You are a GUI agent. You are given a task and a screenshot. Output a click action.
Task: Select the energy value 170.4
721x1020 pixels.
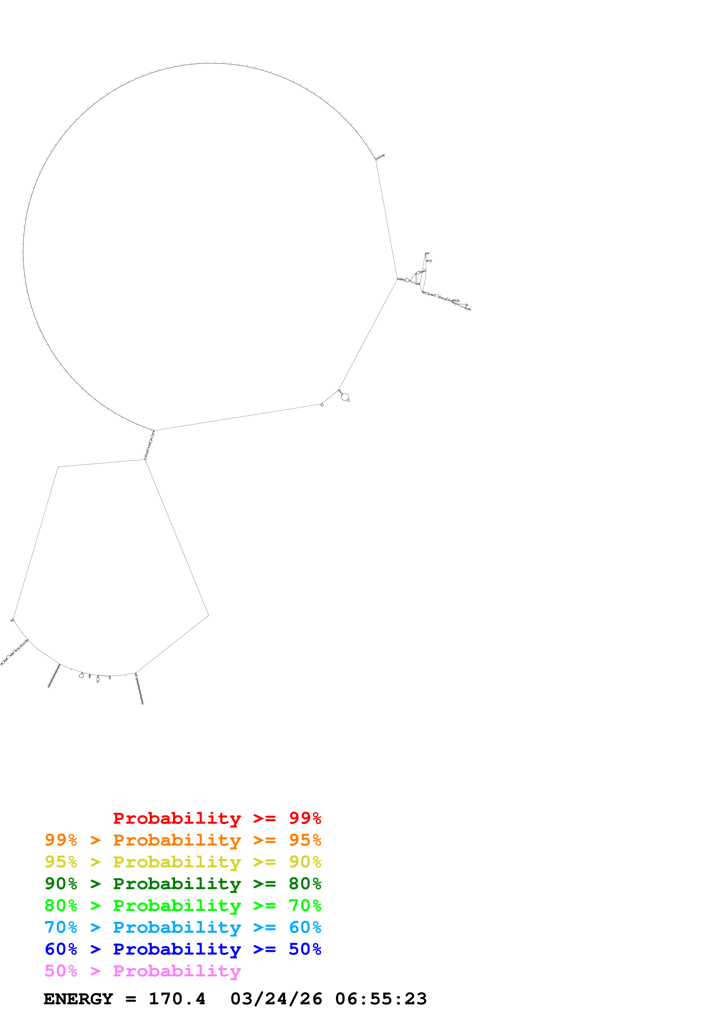177,999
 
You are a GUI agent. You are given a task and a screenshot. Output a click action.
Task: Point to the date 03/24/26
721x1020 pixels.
276,999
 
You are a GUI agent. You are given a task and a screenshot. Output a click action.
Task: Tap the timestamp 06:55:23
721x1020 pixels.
381,999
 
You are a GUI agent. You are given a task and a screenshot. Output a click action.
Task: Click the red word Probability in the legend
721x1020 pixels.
177,818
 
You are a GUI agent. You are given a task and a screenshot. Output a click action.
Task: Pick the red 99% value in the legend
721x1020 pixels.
305,818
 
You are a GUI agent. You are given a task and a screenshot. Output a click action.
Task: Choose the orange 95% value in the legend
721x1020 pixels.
305,840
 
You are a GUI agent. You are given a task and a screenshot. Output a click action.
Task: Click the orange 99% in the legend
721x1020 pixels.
61,840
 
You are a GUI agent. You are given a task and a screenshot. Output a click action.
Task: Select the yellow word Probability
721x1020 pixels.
177,862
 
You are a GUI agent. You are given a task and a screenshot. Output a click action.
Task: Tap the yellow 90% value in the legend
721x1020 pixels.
305,862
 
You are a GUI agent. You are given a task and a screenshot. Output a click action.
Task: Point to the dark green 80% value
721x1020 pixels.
305,884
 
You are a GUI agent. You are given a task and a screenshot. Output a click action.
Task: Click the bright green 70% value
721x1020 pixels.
305,905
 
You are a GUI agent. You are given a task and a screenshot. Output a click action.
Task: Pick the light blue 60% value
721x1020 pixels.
305,927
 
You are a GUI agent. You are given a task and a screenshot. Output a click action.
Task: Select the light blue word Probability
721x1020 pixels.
177,927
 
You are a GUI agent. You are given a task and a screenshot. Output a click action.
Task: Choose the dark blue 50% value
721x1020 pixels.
305,949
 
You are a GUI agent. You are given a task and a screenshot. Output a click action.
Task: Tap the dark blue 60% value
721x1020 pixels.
61,949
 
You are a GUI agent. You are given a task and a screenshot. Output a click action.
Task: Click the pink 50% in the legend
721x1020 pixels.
61,971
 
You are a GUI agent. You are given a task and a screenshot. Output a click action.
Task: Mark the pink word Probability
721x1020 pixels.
177,971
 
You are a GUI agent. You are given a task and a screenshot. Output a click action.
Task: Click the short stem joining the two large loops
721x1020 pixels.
149,445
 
